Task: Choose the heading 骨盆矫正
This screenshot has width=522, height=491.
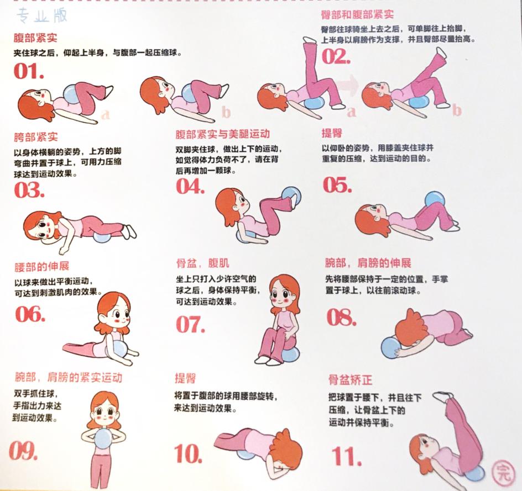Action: [350, 380]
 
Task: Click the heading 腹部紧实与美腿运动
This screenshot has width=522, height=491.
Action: [222, 134]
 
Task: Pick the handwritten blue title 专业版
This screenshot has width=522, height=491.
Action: [42, 16]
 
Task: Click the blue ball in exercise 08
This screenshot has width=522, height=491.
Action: [392, 347]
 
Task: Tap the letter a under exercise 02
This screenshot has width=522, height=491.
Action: [350, 112]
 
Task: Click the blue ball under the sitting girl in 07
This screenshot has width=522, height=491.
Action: [289, 352]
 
